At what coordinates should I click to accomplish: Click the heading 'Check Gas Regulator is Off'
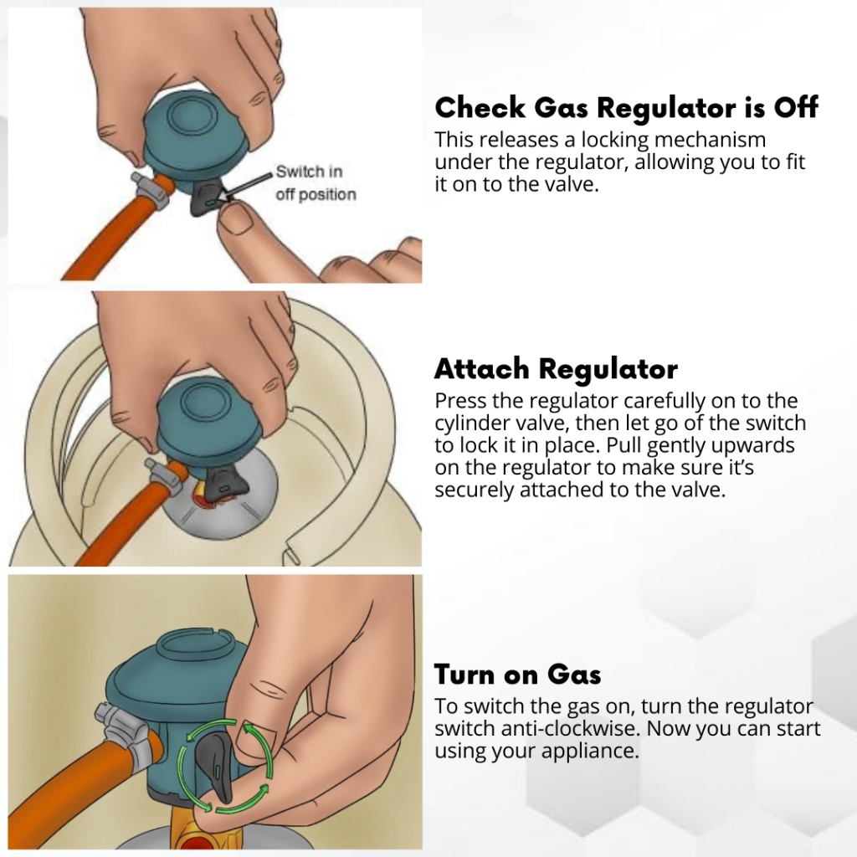(626, 107)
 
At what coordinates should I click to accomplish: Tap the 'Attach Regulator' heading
(556, 368)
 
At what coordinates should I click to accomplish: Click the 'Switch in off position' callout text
(316, 183)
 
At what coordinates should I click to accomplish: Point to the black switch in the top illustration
(207, 198)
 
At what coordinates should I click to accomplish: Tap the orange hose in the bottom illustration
(82, 782)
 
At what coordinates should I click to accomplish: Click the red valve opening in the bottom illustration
(192, 845)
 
